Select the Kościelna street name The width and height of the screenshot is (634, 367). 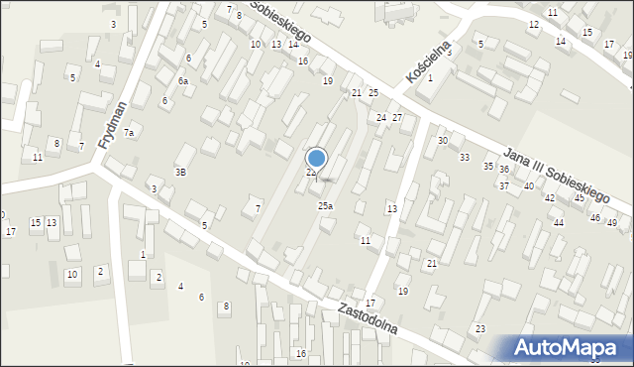(428, 62)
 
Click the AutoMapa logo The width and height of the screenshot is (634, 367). (572, 347)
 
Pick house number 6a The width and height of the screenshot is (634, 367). (183, 81)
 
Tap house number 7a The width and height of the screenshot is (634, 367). (129, 132)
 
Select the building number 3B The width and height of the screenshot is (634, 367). (180, 172)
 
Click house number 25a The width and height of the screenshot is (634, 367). (325, 205)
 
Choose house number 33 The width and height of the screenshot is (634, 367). (464, 158)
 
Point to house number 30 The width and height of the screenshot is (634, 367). (443, 141)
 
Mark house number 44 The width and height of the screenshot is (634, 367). (559, 223)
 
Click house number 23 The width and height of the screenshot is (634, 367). (480, 328)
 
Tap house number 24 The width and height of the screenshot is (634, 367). (380, 118)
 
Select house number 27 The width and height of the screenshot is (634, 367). (397, 118)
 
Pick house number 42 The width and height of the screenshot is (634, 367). (550, 198)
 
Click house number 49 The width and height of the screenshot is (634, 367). (611, 223)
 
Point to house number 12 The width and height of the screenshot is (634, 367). (534, 24)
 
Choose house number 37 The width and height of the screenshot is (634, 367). (504, 186)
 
